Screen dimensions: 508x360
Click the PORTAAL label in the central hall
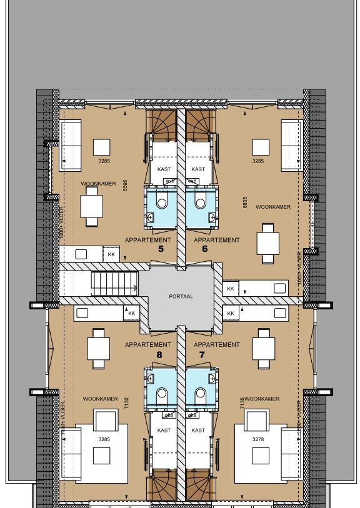point(181,297)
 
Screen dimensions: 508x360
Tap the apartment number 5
point(161,249)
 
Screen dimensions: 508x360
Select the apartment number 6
point(204,249)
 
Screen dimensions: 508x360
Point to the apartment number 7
point(202,354)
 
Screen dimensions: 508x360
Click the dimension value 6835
point(244,202)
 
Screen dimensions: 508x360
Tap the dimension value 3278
point(257,440)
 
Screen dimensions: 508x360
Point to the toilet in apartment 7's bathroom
point(201,393)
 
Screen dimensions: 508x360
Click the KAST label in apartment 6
point(198,169)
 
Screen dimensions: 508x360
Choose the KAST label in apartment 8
point(164,431)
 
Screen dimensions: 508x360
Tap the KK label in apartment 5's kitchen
point(112,254)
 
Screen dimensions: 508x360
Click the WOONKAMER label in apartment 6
point(273,207)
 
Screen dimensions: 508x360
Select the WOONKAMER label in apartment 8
point(100,399)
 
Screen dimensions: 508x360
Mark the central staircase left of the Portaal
point(115,284)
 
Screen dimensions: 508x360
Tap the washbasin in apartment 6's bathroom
point(212,218)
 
